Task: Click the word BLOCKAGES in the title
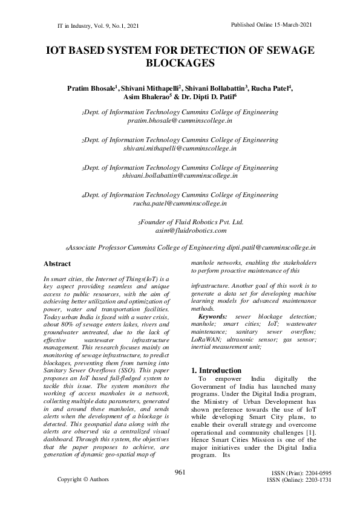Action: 180,63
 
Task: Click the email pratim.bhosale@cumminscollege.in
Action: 180,121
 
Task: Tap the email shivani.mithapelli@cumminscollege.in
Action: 180,148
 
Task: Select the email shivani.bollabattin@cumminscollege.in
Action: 180,175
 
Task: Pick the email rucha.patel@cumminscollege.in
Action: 180,203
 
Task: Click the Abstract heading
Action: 57,264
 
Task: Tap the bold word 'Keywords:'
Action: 213,316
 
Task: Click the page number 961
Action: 180,472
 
